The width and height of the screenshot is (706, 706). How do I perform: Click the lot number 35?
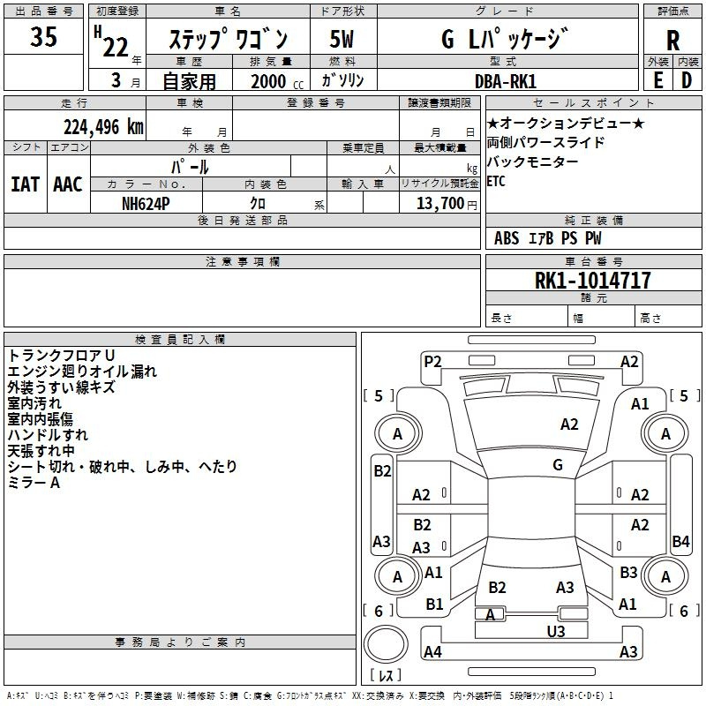tap(43, 36)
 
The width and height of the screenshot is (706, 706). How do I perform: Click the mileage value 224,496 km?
tap(103, 127)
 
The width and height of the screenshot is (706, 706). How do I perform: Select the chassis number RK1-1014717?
tap(593, 280)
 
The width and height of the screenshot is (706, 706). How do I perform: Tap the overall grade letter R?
tap(672, 41)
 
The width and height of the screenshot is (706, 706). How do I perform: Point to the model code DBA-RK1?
tap(506, 81)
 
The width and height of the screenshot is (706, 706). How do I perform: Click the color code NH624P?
tap(146, 204)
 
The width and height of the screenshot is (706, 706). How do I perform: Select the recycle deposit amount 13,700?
tap(439, 203)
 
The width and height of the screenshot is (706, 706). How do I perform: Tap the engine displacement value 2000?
tap(268, 81)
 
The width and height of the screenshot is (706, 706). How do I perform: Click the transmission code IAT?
tap(25, 184)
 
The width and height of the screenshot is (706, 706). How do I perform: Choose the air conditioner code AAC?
tap(68, 184)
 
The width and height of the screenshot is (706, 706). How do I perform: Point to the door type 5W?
tap(342, 39)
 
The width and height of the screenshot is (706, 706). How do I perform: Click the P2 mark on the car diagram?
tap(432, 362)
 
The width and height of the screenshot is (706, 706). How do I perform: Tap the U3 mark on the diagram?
tap(556, 631)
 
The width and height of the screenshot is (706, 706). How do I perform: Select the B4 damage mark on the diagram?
tap(680, 541)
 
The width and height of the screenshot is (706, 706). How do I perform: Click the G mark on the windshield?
tap(558, 464)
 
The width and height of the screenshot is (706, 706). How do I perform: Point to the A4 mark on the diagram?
tap(432, 651)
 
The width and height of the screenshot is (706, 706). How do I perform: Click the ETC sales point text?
tap(496, 181)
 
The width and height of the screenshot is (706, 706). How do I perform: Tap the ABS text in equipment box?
tap(507, 238)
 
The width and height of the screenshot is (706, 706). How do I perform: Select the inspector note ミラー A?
tap(34, 483)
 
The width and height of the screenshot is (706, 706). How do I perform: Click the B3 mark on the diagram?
tap(628, 572)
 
